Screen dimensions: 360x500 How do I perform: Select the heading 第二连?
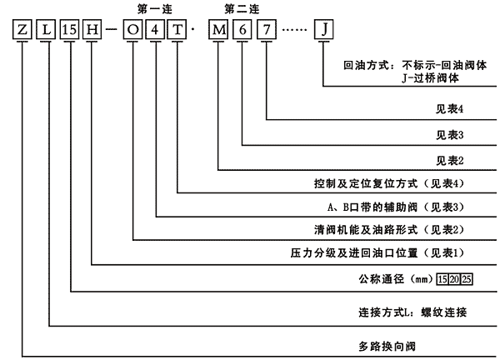tap(242, 8)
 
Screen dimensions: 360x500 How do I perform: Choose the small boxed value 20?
tap(453, 277)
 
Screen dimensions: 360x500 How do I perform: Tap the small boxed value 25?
tap(467, 277)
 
